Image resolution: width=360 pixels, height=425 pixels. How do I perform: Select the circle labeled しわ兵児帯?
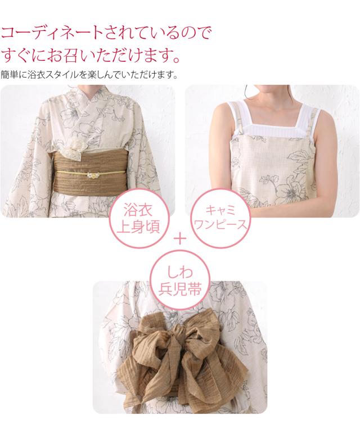180,284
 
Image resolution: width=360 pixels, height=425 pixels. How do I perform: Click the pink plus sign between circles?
180,238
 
